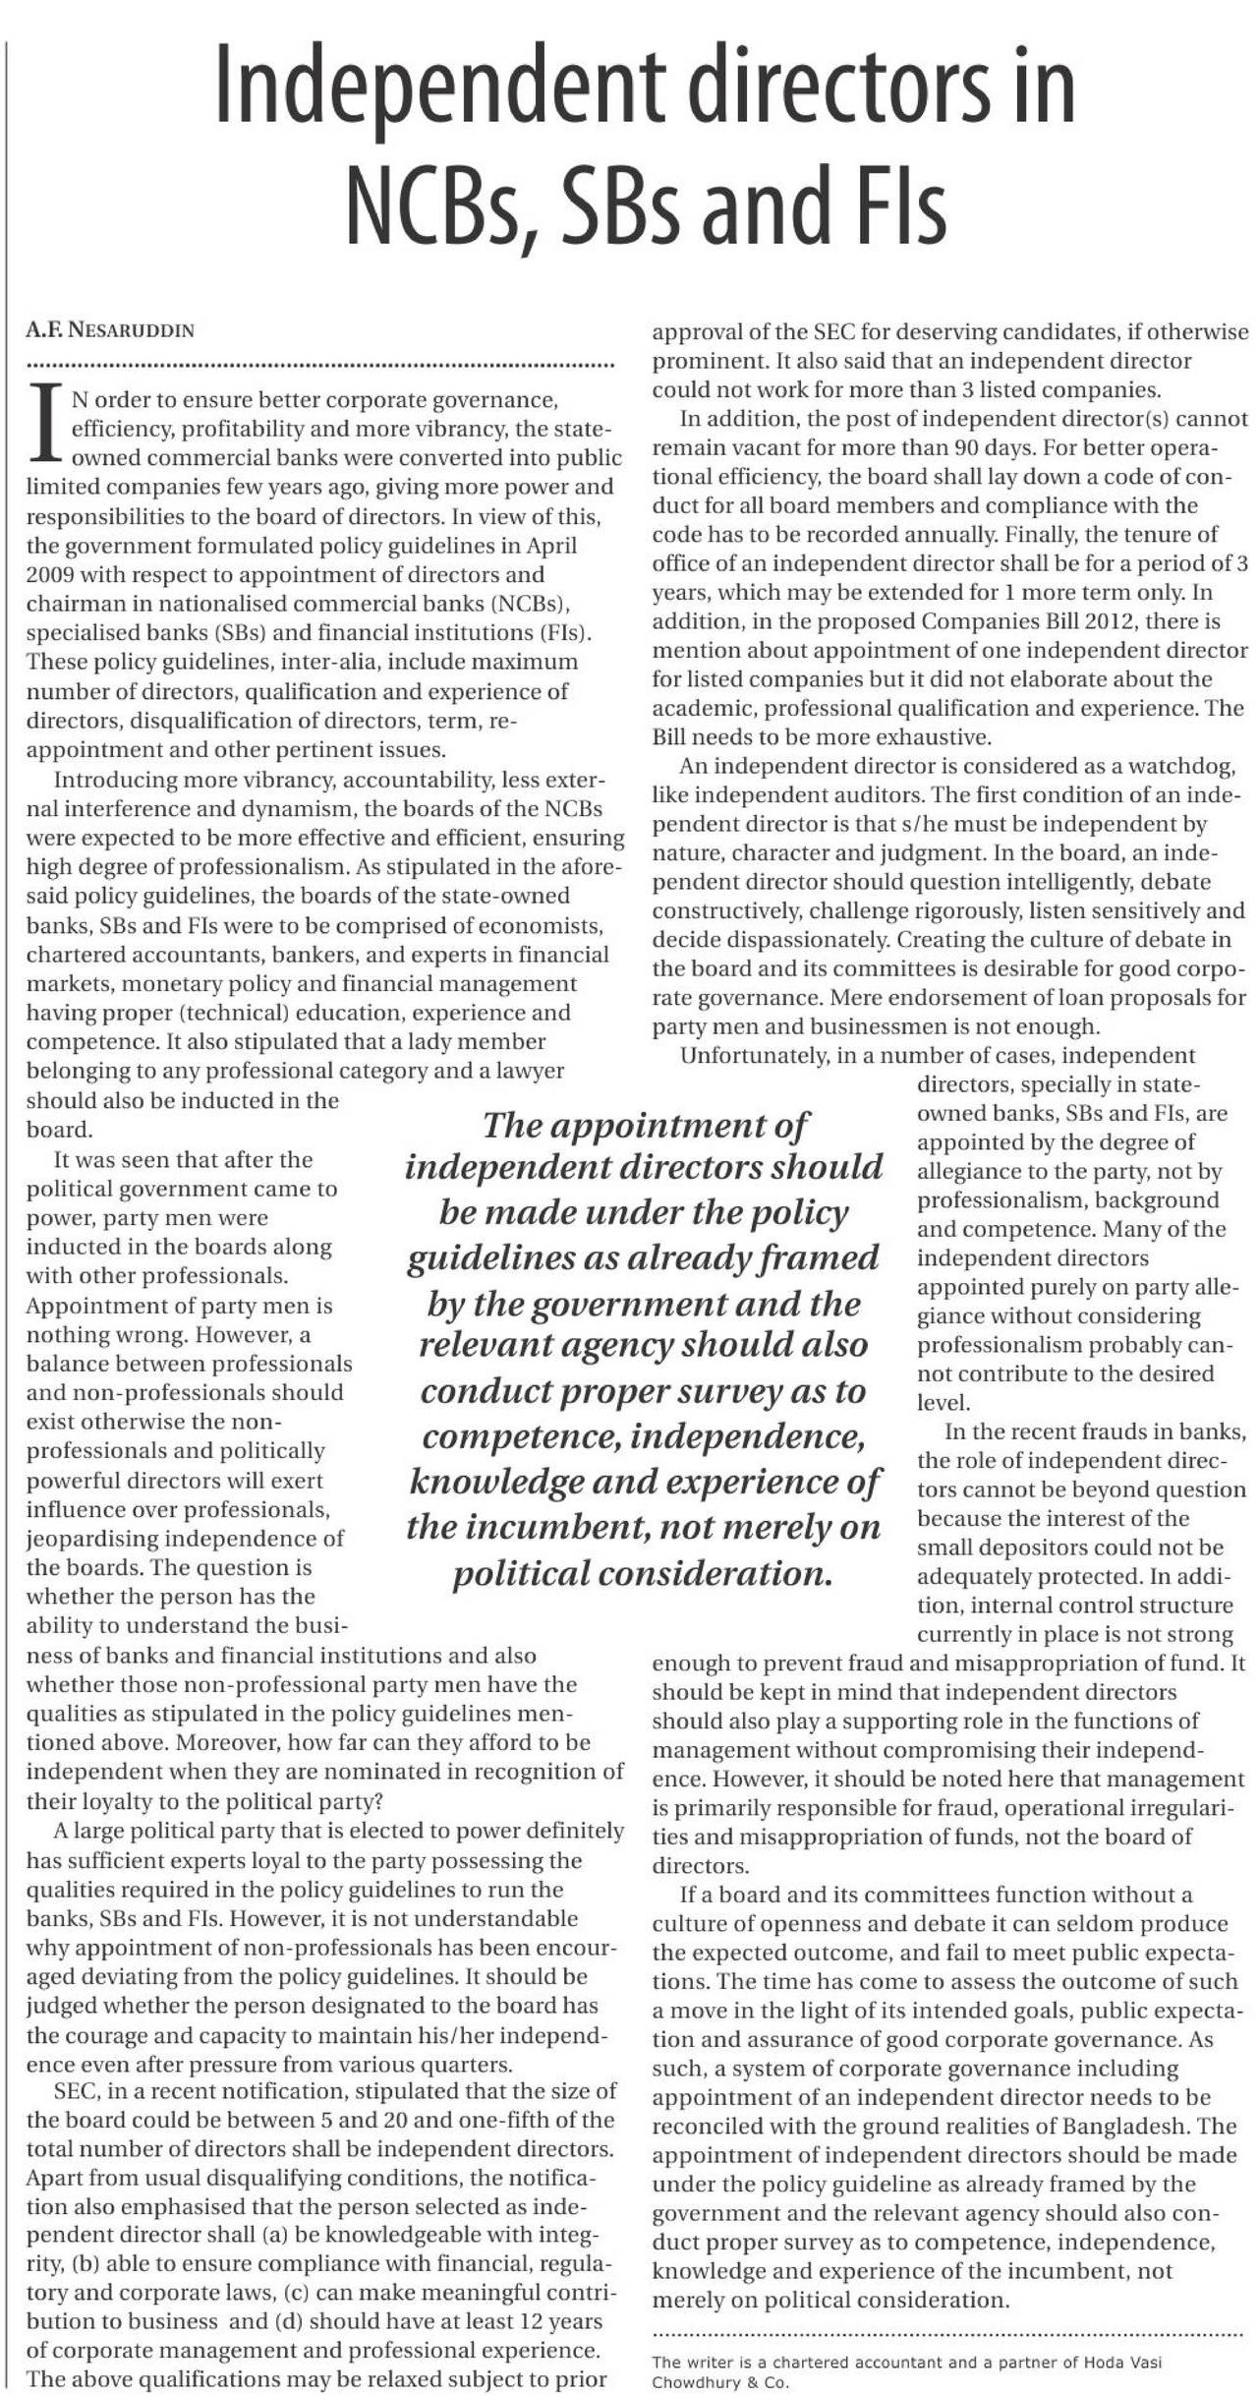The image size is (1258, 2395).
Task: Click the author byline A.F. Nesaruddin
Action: [x=110, y=331]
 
